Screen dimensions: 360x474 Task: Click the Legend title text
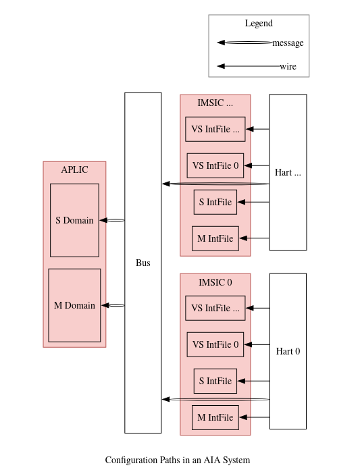click(259, 23)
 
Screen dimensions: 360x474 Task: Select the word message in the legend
click(288, 43)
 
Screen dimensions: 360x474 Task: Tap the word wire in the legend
click(288, 66)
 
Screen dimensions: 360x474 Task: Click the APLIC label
click(75, 169)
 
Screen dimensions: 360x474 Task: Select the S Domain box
click(74, 220)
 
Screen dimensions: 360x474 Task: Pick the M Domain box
click(74, 305)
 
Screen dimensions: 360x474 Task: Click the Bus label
click(143, 263)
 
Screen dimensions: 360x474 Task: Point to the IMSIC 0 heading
click(215, 282)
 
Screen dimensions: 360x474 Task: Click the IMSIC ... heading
click(215, 103)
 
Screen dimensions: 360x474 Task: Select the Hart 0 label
click(288, 351)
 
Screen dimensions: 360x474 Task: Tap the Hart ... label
click(288, 172)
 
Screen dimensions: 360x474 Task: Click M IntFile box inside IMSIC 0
click(215, 417)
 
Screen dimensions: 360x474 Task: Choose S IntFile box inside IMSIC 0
click(215, 381)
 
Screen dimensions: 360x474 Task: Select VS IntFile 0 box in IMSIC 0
click(215, 344)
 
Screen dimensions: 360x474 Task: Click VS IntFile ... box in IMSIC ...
click(215, 129)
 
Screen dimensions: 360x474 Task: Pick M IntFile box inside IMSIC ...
click(215, 238)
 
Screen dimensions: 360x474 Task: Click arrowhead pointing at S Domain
click(103, 220)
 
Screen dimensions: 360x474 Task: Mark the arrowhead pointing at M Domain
click(105, 305)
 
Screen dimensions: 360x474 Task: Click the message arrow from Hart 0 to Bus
click(215, 399)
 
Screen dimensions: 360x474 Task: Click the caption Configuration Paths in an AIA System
click(178, 460)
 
